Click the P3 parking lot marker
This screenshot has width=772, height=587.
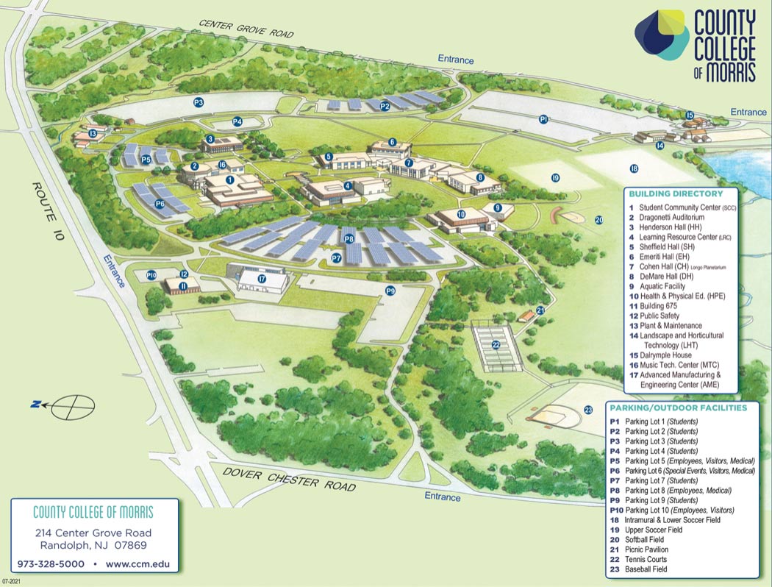click(x=198, y=102)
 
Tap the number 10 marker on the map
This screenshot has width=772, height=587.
click(x=461, y=214)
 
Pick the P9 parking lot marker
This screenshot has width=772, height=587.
click(x=390, y=291)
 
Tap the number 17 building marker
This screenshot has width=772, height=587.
click(x=262, y=279)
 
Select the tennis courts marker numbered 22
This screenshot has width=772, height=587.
click(x=496, y=344)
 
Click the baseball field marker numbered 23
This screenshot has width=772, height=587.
click(x=588, y=410)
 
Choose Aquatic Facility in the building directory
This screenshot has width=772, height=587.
click(x=662, y=286)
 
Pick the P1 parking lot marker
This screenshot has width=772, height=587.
click(x=543, y=118)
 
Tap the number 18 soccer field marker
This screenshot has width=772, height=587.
click(x=634, y=168)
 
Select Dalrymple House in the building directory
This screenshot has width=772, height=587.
click(x=665, y=355)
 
